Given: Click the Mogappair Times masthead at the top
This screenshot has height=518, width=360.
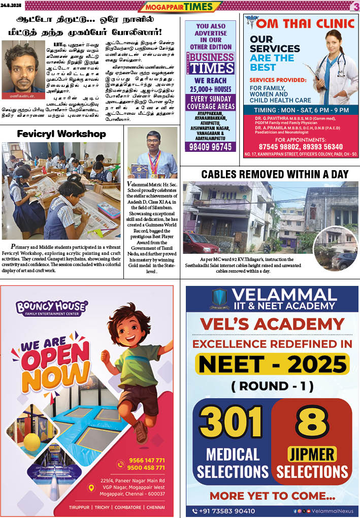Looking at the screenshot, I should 180,7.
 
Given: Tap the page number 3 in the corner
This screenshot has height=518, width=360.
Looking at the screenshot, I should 354,6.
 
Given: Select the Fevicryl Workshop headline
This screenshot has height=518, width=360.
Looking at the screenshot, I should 61,134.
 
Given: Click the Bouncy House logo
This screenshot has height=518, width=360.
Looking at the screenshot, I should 51,308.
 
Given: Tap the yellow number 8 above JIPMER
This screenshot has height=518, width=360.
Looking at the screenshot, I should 312,421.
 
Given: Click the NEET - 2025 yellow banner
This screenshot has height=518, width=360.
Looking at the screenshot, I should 272,363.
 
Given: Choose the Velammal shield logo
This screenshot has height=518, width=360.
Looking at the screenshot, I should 219,299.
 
